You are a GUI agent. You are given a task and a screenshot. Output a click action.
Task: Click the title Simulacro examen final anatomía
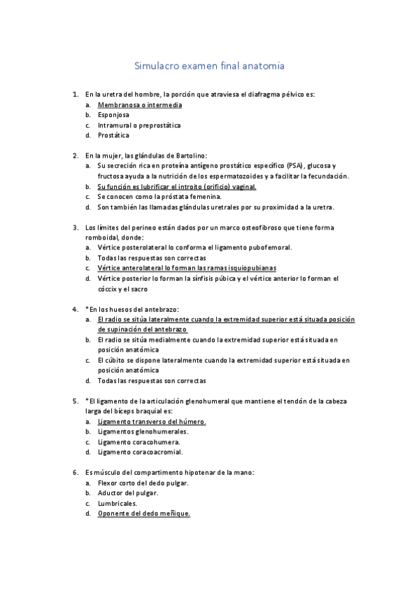pos(209,67)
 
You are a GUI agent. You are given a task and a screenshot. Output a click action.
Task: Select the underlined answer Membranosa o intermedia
pos(139,104)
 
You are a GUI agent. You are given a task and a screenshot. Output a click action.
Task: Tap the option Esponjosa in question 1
pos(113,115)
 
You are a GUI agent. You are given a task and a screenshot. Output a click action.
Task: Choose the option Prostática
pos(113,135)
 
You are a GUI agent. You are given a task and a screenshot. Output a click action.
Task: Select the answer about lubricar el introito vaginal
pos(177,186)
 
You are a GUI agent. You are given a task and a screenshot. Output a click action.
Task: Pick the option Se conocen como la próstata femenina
pos(158,197)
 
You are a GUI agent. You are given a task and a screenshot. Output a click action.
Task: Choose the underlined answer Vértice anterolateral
pos(187,268)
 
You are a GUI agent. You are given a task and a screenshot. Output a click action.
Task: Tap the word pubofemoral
pos(269,247)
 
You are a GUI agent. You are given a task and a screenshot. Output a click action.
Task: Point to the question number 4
pos(75,309)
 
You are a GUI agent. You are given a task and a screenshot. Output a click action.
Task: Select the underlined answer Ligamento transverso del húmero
pos(152,422)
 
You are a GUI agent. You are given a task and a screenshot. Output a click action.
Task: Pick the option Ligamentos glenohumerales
pos(143,431)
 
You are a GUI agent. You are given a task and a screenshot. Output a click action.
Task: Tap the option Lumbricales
pos(118,503)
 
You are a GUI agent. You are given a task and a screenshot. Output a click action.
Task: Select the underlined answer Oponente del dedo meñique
pos(144,513)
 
